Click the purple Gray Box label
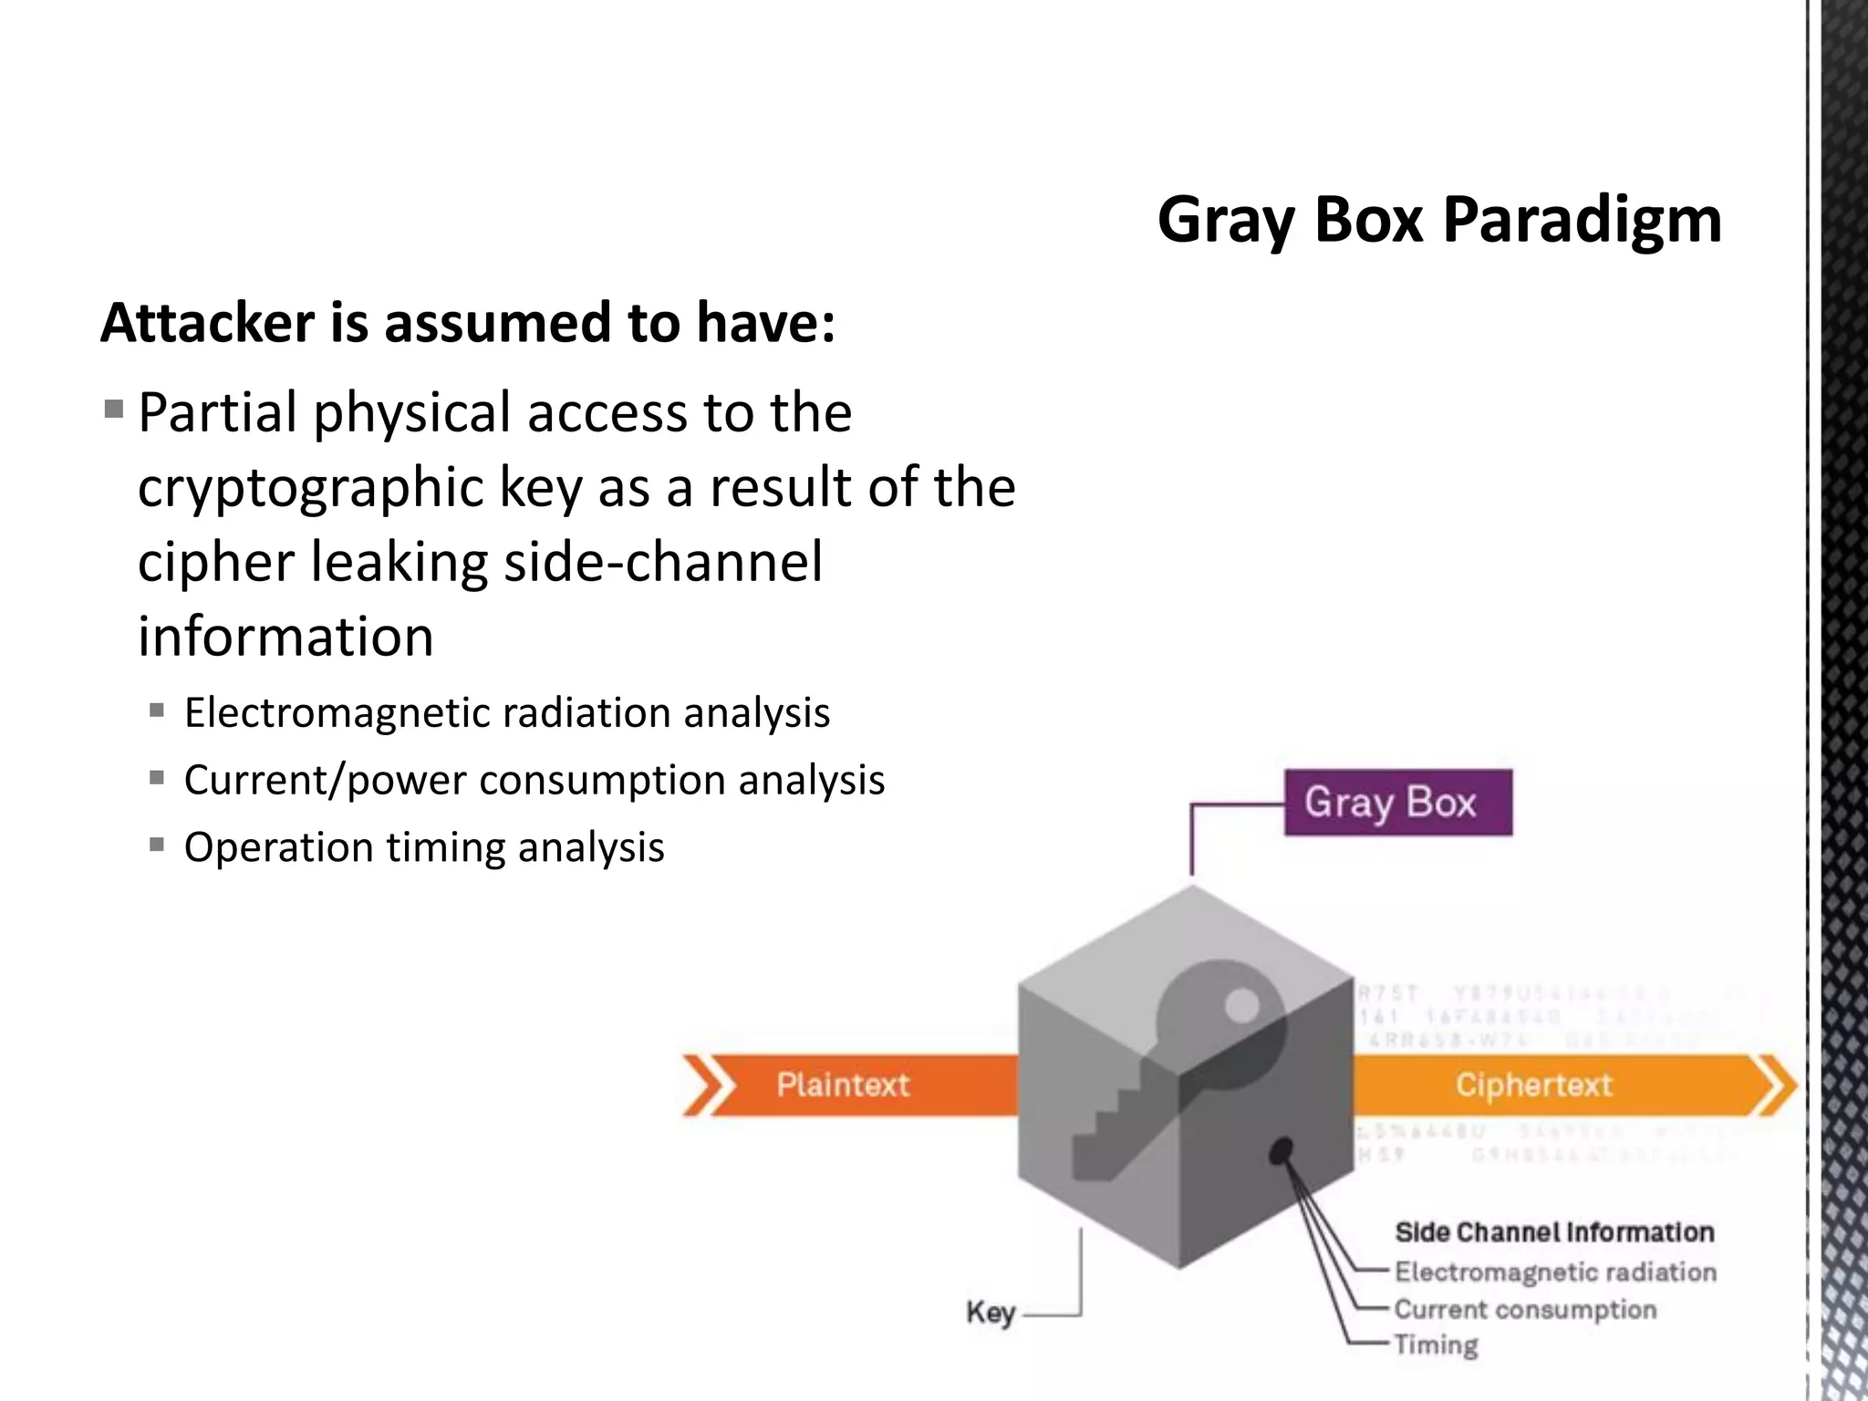tap(1397, 803)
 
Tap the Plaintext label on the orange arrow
tap(843, 1084)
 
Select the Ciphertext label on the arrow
tap(1533, 1084)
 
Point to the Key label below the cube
tap(991, 1313)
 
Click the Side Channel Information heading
tap(1554, 1232)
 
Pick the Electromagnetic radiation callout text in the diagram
tap(1555, 1271)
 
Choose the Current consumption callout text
tap(1525, 1309)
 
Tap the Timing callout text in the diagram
tap(1436, 1345)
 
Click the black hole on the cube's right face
tap(1282, 1151)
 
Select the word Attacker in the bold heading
tap(207, 323)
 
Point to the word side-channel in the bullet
tap(663, 562)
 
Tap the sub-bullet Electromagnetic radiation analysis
tap(506, 712)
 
